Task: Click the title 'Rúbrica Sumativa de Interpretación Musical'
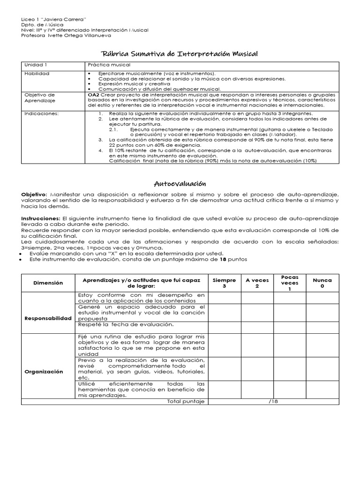(180, 54)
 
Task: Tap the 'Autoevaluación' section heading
(180, 183)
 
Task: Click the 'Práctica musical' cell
(109, 65)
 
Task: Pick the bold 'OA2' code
(93, 94)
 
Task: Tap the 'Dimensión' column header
(48, 283)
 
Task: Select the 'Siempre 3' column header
(224, 283)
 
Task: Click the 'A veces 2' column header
(257, 283)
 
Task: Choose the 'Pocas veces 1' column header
(289, 283)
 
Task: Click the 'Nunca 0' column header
(322, 283)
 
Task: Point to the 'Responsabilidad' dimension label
(48, 318)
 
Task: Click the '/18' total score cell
(273, 402)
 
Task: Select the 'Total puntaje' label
(186, 402)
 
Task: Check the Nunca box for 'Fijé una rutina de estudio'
(322, 345)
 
